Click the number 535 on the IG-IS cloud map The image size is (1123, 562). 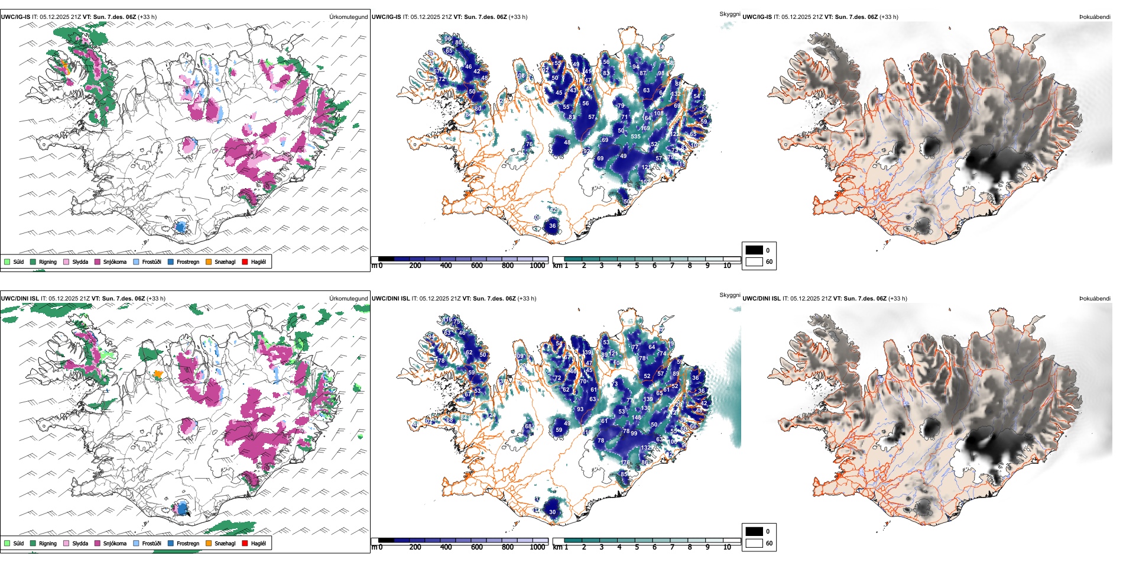click(x=635, y=137)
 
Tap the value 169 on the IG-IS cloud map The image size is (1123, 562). click(x=645, y=128)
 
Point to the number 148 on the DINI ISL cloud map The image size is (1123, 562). click(x=636, y=418)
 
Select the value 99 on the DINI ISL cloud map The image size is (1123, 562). click(x=634, y=434)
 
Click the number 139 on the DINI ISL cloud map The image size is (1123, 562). click(x=648, y=399)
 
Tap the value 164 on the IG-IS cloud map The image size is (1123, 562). click(x=647, y=118)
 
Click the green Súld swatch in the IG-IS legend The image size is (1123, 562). click(x=7, y=261)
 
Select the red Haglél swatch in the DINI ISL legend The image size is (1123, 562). click(x=245, y=543)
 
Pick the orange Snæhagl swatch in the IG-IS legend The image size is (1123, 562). click(x=209, y=261)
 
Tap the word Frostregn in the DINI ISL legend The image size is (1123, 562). click(x=188, y=543)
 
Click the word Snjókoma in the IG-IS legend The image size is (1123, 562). click(x=115, y=261)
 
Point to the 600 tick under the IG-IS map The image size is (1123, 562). click(x=477, y=266)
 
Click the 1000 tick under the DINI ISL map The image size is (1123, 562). click(x=537, y=547)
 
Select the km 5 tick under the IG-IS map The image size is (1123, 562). click(x=637, y=266)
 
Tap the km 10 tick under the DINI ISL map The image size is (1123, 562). click(x=727, y=547)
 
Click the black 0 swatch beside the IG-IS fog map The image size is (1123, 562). click(x=754, y=250)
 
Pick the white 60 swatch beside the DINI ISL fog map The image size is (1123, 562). click(x=754, y=543)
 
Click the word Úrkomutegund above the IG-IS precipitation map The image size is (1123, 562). click(x=348, y=17)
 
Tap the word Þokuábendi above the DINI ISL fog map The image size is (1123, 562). click(x=1095, y=299)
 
